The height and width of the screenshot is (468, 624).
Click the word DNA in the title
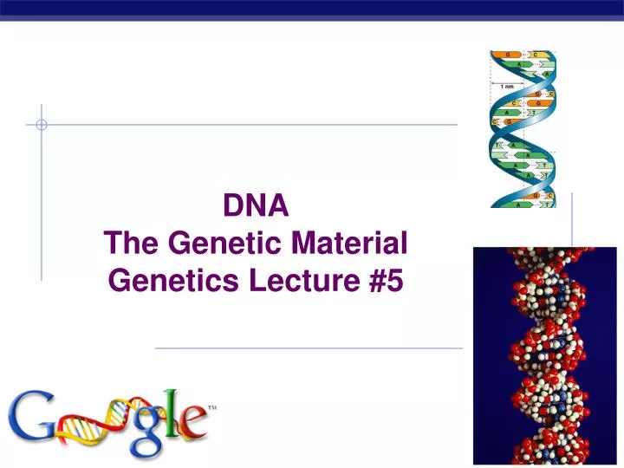pyautogui.click(x=256, y=206)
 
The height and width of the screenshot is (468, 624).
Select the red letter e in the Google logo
pyautogui.click(x=191, y=425)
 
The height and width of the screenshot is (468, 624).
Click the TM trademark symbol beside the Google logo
pyautogui.click(x=212, y=406)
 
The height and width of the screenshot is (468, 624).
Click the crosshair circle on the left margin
pyautogui.click(x=41, y=125)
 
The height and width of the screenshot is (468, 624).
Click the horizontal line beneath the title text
pyautogui.click(x=308, y=348)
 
